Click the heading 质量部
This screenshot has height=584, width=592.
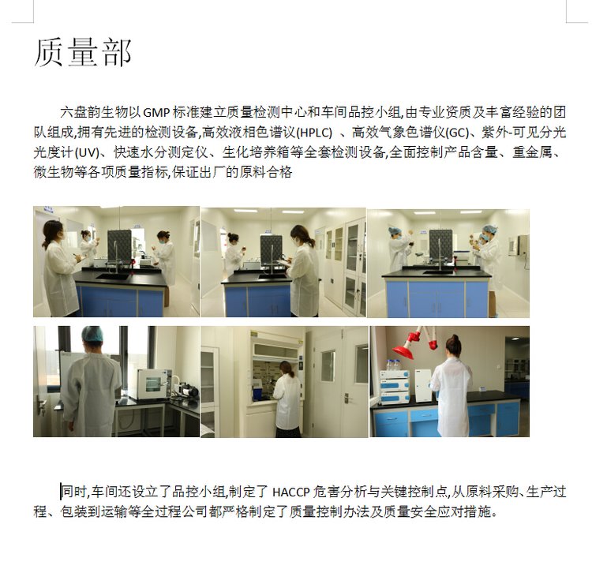coord(83,52)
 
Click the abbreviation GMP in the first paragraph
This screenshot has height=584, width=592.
coord(157,113)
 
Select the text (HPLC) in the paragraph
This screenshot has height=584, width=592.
coord(314,133)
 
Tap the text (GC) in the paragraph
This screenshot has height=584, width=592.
coord(457,133)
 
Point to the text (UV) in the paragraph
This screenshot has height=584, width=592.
coord(87,152)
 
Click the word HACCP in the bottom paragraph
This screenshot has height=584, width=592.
coord(290,492)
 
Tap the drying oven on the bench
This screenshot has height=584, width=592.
coord(153,384)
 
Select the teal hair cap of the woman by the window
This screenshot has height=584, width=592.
coord(92,334)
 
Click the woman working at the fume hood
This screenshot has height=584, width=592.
coord(287,399)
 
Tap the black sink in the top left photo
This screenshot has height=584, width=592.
coord(113,276)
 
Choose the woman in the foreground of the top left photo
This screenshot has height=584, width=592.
coord(60,268)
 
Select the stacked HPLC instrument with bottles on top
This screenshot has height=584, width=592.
coord(395,385)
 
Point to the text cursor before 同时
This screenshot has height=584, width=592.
coord(61,492)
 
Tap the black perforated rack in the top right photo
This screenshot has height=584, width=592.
coord(440,244)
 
